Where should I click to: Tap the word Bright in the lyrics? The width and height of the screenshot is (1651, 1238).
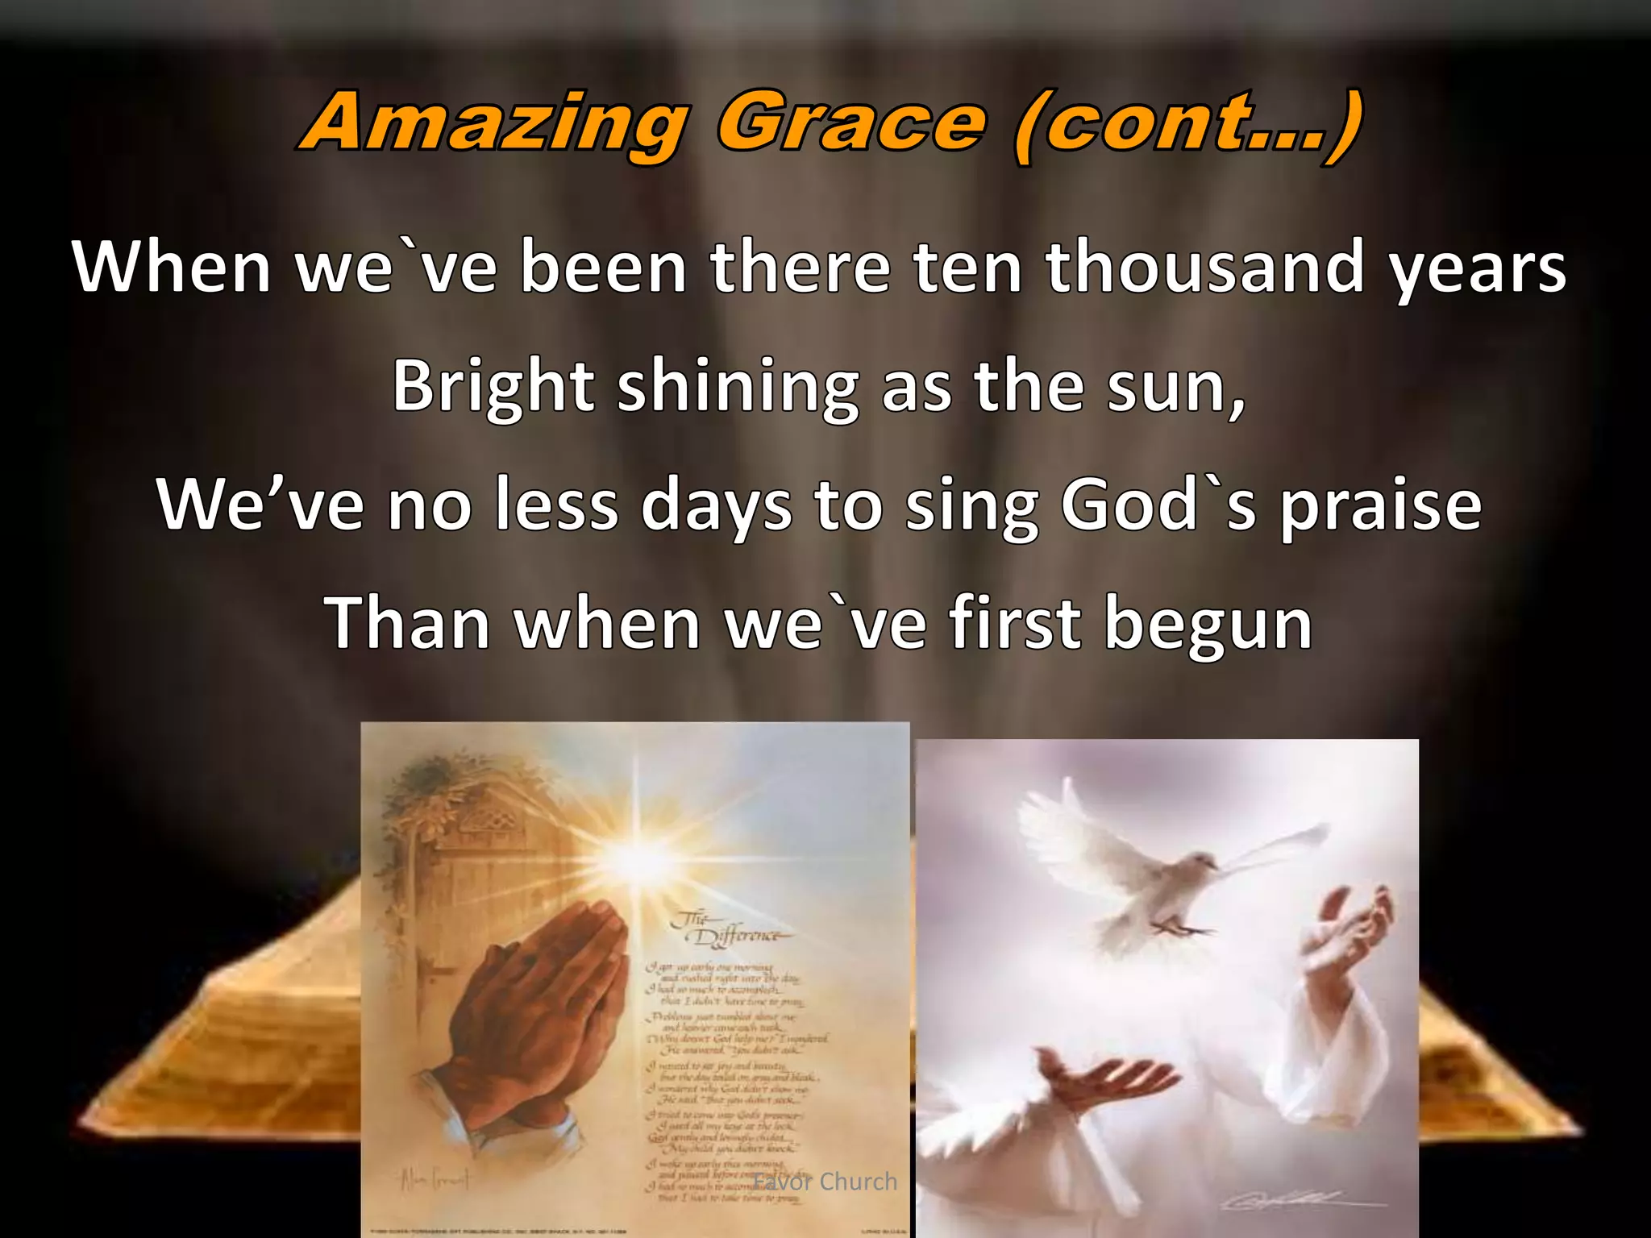tap(493, 387)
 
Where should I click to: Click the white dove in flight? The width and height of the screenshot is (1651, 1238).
tap(1169, 862)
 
